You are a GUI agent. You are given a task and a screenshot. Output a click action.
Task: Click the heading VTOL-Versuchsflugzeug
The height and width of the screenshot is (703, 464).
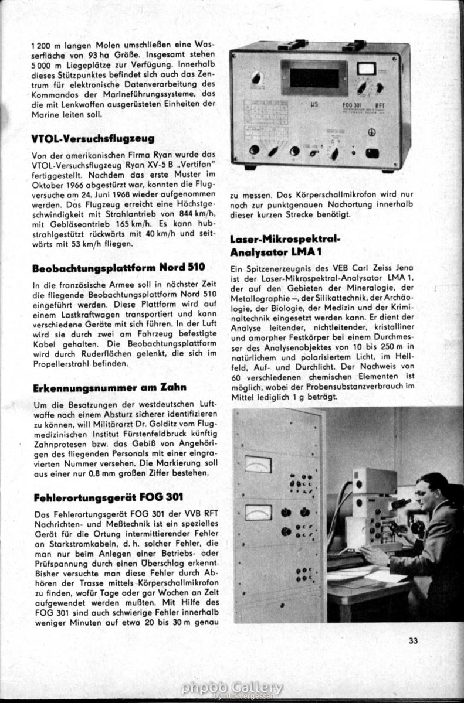pyautogui.click(x=93, y=139)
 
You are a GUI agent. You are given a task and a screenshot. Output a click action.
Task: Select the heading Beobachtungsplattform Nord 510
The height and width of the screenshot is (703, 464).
pyautogui.click(x=118, y=268)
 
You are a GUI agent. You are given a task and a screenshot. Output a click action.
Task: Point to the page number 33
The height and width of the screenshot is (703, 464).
pyautogui.click(x=413, y=640)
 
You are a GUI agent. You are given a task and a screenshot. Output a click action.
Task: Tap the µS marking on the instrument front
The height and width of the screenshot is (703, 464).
pyautogui.click(x=315, y=106)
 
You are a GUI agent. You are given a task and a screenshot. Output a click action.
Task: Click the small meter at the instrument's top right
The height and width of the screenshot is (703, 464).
pyautogui.click(x=367, y=69)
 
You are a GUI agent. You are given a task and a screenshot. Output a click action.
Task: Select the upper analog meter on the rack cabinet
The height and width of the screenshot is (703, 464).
pyautogui.click(x=258, y=465)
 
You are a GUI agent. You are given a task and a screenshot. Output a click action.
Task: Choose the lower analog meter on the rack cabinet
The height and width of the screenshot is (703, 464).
pyautogui.click(x=258, y=513)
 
